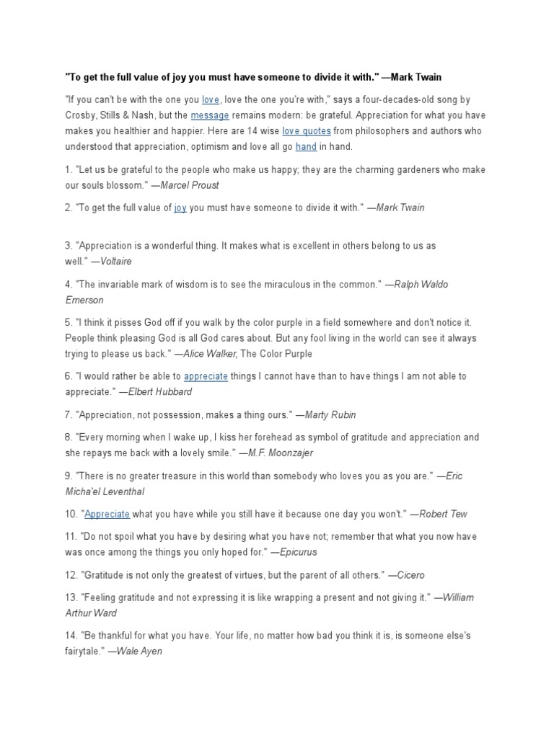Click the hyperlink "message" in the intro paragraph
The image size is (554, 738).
point(210,115)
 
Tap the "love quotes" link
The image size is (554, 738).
point(307,131)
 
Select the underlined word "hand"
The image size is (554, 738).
point(306,147)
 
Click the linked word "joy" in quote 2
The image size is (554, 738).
point(180,208)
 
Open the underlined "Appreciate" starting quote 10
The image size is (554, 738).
point(107,514)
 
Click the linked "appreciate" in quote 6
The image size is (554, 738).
point(206,376)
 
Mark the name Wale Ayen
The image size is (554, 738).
point(139,652)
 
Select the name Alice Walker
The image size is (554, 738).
point(210,354)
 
